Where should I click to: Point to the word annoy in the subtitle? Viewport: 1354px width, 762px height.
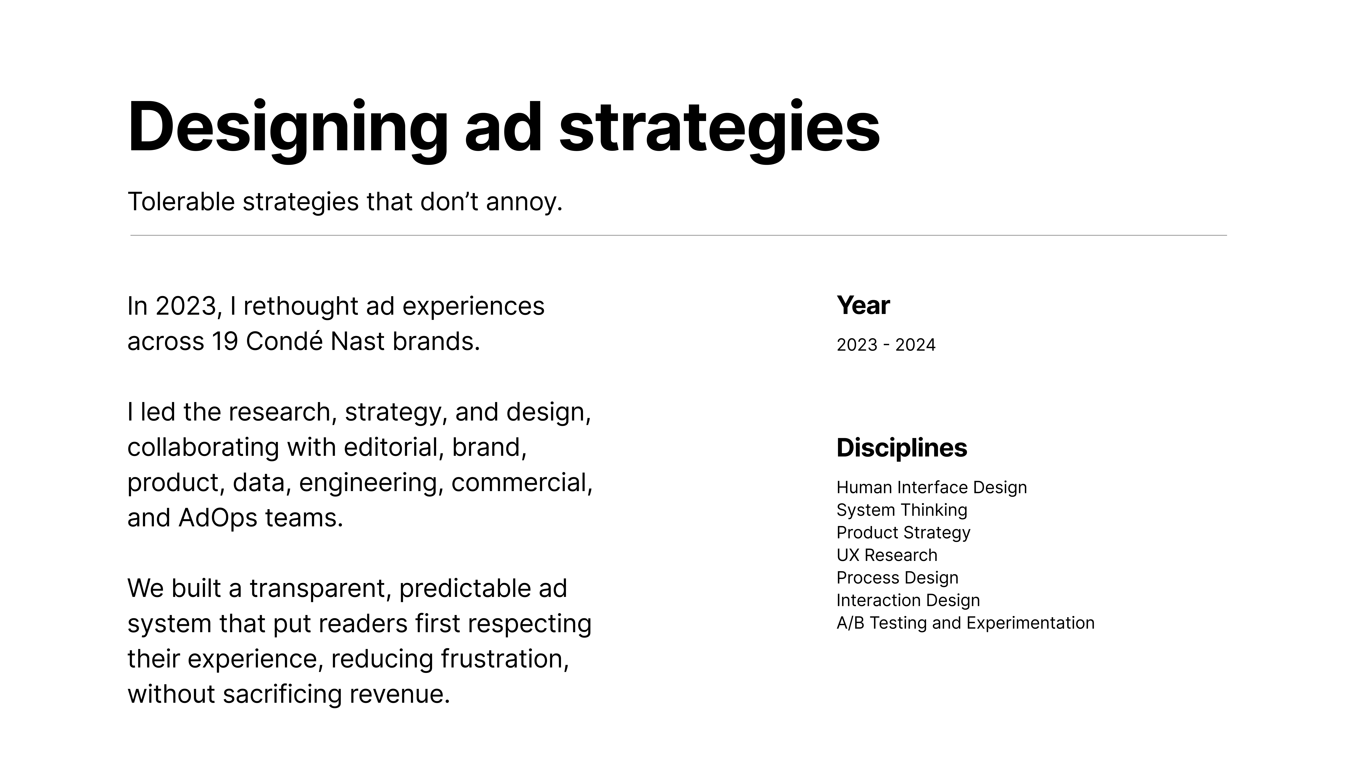point(524,203)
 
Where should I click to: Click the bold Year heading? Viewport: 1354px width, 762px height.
point(863,306)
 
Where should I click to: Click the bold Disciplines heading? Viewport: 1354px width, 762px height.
point(901,448)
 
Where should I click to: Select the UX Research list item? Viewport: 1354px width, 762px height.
point(887,555)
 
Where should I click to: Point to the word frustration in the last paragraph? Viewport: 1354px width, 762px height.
point(505,659)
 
